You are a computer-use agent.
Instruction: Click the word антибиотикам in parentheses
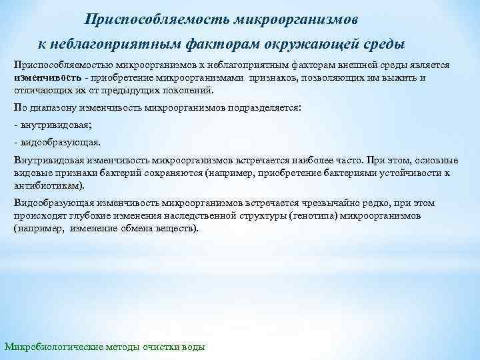pyautogui.click(x=47, y=186)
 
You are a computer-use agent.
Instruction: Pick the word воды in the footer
pyautogui.click(x=195, y=347)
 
